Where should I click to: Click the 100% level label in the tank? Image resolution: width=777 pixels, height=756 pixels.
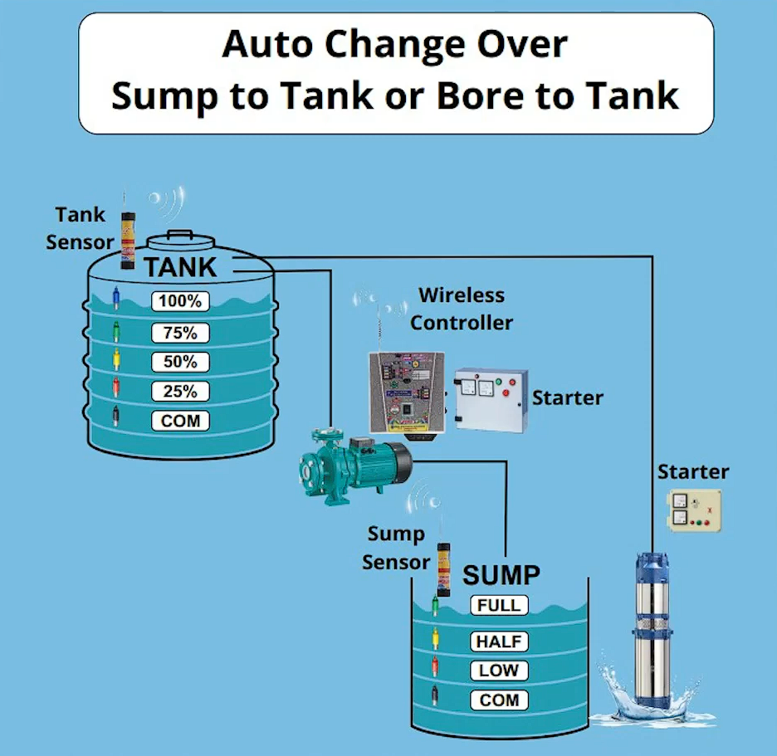pos(180,301)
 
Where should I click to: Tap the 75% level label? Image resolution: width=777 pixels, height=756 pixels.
pos(180,333)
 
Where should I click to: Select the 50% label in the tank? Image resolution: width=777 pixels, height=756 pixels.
pos(180,362)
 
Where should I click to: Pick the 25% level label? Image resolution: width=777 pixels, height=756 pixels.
pos(180,392)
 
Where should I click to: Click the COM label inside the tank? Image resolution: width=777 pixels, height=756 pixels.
pos(180,421)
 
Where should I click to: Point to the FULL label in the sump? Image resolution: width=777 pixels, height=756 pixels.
pos(499,605)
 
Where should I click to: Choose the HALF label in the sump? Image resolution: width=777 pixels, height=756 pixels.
pos(499,641)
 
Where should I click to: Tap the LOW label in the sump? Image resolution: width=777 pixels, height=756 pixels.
pos(499,671)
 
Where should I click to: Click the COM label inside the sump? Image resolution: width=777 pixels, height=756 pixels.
pos(499,700)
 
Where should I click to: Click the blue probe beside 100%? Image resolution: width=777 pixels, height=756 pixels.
pos(116,298)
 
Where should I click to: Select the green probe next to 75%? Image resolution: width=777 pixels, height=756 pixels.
pos(116,330)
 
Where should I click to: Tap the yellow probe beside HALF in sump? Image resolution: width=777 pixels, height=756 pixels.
pos(435,638)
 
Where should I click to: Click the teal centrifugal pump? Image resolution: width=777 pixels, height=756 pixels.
pos(354,466)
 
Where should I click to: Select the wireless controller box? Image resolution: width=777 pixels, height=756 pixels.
pos(407,395)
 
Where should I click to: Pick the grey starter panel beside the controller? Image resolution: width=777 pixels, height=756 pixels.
pos(491,400)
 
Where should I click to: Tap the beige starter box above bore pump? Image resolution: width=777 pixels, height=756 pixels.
pos(694,510)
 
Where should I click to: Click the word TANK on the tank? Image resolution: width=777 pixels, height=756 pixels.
pos(180,267)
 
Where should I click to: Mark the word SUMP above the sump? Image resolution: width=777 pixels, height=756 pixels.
pos(501,575)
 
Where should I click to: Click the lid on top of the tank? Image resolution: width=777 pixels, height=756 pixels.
pos(181,240)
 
